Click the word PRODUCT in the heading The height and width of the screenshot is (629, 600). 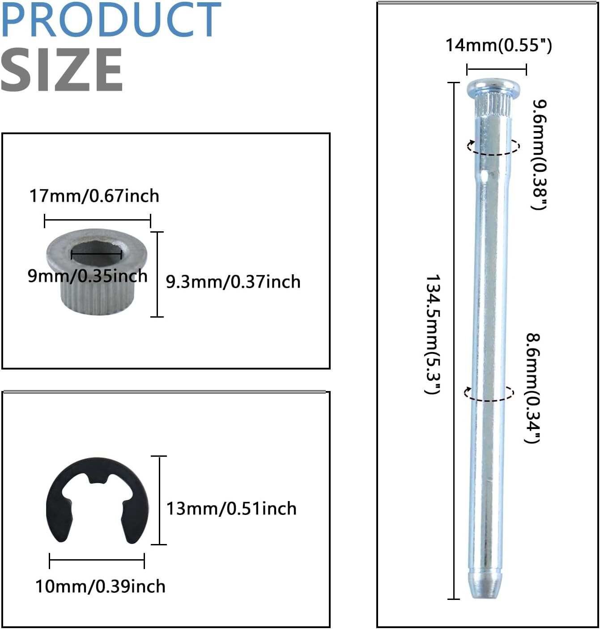click(x=111, y=20)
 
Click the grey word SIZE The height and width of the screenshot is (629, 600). click(x=62, y=70)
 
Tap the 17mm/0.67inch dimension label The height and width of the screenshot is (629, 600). click(x=94, y=196)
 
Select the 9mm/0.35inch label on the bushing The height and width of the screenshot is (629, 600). click(x=87, y=276)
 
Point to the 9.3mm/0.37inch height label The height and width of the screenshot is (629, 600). click(x=233, y=282)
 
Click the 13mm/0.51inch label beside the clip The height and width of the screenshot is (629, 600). click(x=231, y=509)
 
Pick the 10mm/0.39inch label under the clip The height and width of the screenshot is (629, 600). click(x=100, y=586)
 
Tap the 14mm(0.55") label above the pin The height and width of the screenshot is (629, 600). click(x=498, y=45)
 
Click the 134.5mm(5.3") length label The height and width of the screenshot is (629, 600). click(x=433, y=334)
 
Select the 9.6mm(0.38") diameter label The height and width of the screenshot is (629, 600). click(x=539, y=155)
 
